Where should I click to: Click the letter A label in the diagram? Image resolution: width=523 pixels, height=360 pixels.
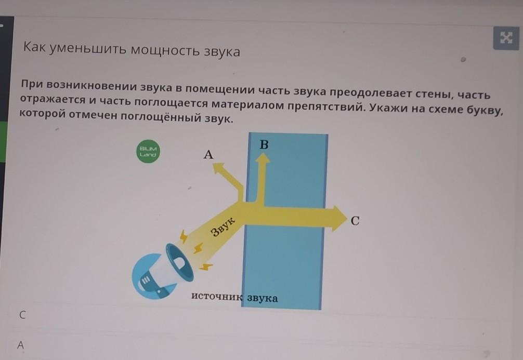click(x=208, y=154)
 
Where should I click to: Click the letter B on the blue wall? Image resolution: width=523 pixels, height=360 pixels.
click(x=264, y=144)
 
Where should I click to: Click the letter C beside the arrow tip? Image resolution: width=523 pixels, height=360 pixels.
click(x=355, y=221)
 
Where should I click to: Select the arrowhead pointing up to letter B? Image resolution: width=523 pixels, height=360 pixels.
click(x=263, y=158)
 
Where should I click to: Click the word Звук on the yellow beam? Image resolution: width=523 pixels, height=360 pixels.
click(x=223, y=226)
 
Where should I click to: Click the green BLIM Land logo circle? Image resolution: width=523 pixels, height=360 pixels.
click(x=148, y=152)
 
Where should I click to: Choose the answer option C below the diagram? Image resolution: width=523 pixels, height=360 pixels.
click(x=22, y=315)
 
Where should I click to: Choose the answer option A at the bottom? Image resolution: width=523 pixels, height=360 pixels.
click(x=21, y=345)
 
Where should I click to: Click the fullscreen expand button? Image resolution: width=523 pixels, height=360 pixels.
click(x=506, y=38)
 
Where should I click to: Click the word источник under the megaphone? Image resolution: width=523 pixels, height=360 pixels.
click(x=217, y=296)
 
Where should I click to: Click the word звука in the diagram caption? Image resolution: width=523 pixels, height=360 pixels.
click(x=262, y=298)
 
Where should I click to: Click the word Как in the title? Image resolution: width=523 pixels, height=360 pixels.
click(x=34, y=47)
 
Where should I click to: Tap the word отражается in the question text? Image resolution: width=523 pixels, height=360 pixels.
click(x=53, y=100)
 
